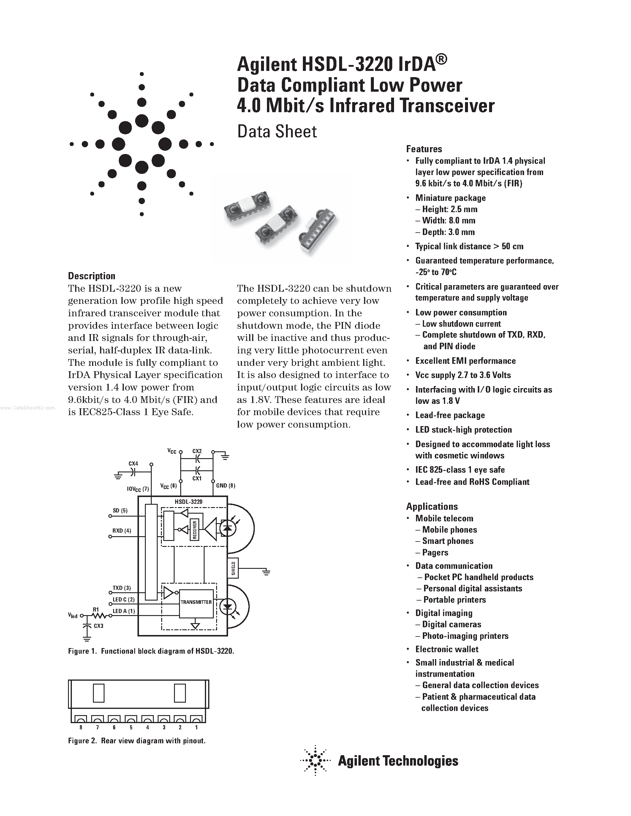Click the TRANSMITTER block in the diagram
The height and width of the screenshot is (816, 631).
pos(196,602)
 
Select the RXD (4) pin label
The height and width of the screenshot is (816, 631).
pos(122,531)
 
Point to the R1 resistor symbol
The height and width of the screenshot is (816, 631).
pos(97,614)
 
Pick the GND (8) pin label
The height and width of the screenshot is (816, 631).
pos(226,486)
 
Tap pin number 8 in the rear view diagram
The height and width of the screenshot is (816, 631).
pos(81,728)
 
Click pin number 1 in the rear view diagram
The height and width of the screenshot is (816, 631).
pos(196,728)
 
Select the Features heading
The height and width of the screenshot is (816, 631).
pos(424,149)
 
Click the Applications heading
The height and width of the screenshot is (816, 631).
pos(432,506)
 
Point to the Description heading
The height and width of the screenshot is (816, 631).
pos(91,276)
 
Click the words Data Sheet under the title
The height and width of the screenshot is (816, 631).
pos(277,131)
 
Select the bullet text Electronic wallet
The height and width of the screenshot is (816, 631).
pos(447,649)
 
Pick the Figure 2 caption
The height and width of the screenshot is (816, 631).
pos(137,741)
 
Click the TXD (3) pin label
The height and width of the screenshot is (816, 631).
pos(122,588)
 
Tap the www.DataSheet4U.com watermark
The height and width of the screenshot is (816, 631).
pos(27,408)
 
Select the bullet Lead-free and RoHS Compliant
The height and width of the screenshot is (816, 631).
pos(472,482)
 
